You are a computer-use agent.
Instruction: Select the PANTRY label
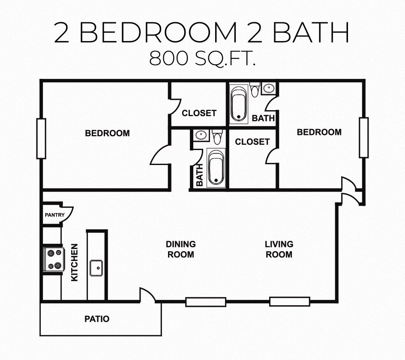54,215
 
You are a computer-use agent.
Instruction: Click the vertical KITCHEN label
75,262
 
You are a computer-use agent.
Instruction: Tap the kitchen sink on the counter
96,268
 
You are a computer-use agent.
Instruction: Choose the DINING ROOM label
181,249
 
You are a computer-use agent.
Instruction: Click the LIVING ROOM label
279,249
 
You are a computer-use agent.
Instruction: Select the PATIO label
96,319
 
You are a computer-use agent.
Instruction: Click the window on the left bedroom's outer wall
41,138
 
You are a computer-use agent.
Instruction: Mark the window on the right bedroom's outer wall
363,138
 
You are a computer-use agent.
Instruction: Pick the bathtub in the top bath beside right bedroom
238,104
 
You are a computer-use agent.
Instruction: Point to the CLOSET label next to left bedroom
199,113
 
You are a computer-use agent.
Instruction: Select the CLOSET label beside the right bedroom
252,141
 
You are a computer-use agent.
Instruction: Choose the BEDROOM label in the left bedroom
107,133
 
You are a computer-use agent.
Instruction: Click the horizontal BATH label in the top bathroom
263,118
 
